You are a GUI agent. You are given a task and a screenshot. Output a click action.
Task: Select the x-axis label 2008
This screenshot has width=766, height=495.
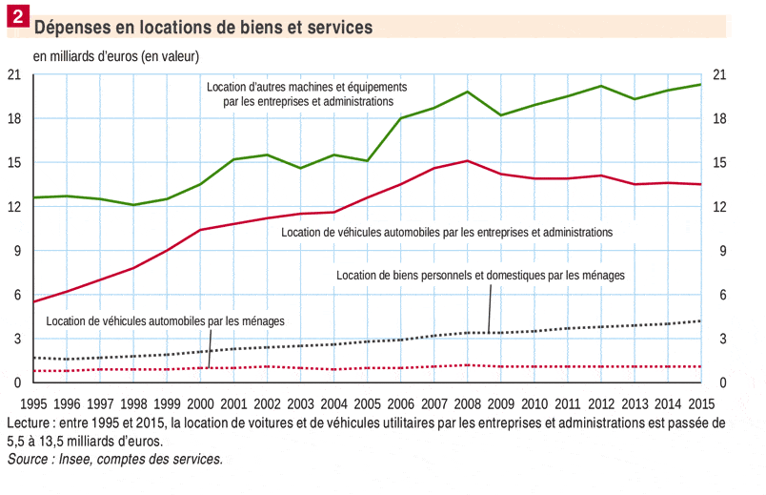[467, 403]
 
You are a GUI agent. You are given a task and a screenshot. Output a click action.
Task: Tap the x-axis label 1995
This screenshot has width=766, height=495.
[33, 403]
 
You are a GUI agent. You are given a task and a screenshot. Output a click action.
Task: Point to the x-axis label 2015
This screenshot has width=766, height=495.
[701, 403]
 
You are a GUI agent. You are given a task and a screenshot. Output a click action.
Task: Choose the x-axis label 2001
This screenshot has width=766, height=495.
[233, 403]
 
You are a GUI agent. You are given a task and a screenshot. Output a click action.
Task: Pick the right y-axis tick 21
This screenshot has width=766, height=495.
[721, 74]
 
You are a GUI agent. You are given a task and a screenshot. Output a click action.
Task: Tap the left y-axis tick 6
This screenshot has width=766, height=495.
[17, 295]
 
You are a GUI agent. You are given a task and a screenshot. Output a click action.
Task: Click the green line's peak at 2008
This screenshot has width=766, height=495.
[467, 92]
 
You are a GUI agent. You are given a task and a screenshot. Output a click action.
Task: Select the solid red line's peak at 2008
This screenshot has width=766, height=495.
[467, 161]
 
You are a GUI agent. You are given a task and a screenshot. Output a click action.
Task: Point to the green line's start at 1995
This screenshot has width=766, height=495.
[34, 197]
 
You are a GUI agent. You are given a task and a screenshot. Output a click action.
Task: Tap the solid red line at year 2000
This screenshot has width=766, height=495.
[200, 230]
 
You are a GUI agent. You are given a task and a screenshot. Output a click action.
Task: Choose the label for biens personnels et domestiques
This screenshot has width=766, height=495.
[480, 275]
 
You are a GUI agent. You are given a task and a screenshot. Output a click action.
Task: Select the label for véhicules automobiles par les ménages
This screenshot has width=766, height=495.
[165, 320]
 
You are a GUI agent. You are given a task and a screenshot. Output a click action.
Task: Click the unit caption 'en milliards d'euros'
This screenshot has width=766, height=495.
[116, 56]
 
